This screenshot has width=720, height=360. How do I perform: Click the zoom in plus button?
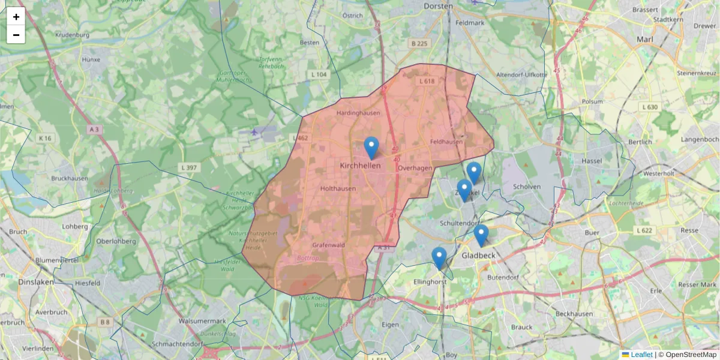(x=16, y=17)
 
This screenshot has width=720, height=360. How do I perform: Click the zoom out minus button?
(x=16, y=35)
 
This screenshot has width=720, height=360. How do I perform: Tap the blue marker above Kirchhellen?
(x=371, y=148)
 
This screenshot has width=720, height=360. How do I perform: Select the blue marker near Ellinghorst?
(x=439, y=258)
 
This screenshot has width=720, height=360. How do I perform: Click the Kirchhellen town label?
(x=360, y=165)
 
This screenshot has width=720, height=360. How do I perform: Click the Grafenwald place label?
(x=328, y=245)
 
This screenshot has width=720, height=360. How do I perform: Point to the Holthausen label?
(x=338, y=188)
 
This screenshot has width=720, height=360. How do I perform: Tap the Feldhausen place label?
(x=446, y=142)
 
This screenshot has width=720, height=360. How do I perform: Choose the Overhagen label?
(x=415, y=169)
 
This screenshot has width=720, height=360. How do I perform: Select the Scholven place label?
(x=527, y=187)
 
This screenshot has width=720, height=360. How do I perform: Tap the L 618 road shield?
(x=427, y=81)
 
